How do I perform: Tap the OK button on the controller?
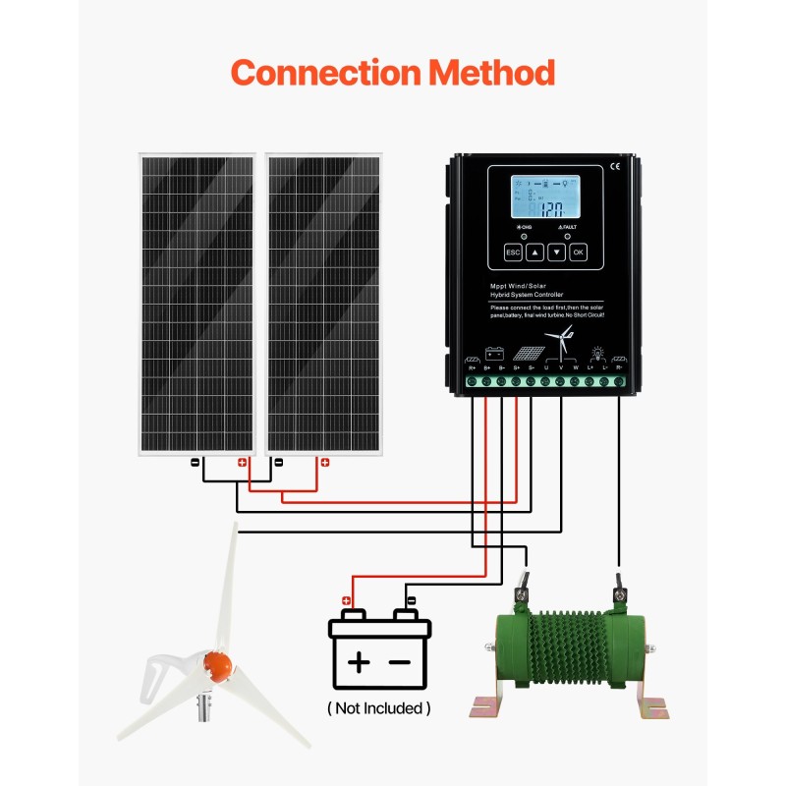tap(578, 253)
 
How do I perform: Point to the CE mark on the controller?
tap(615, 165)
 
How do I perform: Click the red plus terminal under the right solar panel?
tap(324, 461)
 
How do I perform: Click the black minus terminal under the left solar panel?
tap(196, 461)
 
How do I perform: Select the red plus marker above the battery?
tap(346, 600)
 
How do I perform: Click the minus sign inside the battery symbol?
tap(400, 662)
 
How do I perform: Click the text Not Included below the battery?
tap(378, 707)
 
